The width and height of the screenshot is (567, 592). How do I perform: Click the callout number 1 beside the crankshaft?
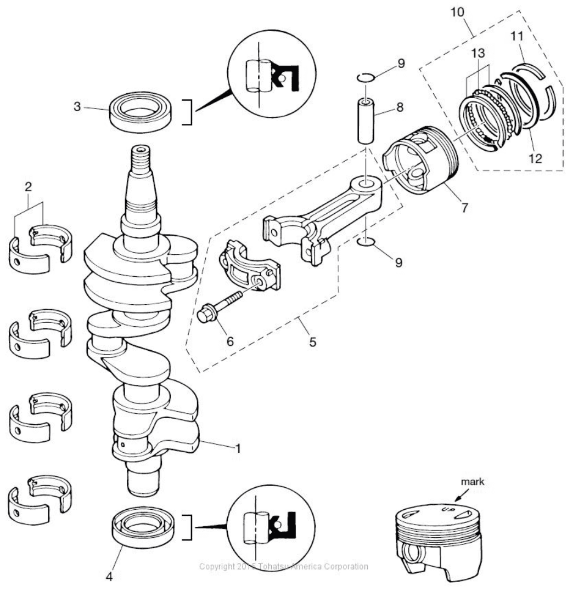pyautogui.click(x=238, y=448)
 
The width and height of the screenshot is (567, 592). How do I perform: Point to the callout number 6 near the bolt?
pyautogui.click(x=229, y=341)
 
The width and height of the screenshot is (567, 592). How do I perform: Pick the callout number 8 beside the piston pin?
pyautogui.click(x=400, y=107)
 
